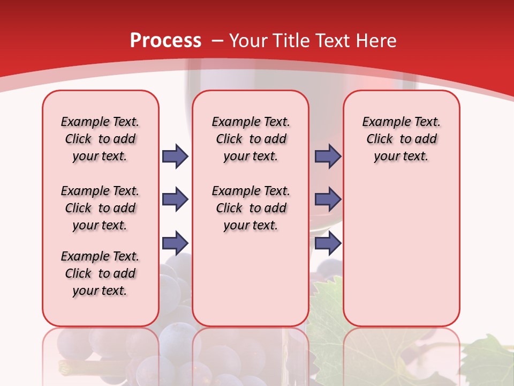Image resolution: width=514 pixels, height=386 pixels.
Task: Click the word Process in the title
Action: [165, 40]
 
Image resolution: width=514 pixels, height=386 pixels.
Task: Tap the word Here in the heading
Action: [376, 40]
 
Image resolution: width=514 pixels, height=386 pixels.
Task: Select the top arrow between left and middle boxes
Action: [175, 156]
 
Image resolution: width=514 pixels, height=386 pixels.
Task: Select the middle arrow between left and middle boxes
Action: [175, 199]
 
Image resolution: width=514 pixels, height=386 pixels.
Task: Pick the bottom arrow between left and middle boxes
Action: [175, 243]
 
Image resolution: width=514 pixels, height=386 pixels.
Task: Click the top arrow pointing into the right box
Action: [328, 156]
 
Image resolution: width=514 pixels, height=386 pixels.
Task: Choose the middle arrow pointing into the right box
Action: [328, 199]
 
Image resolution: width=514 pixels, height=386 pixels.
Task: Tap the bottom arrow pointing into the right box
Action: [328, 243]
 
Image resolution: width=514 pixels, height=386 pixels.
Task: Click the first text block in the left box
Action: [100, 139]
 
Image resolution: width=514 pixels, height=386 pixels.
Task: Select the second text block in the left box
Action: [100, 208]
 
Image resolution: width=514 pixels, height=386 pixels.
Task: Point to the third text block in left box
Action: [100, 273]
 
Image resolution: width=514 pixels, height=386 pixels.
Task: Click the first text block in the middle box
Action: [251, 139]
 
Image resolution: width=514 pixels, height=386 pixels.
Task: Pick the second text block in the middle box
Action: [251, 208]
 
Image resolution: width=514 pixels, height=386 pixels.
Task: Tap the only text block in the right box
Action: [402, 139]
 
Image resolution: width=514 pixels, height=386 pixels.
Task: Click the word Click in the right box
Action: [380, 139]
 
